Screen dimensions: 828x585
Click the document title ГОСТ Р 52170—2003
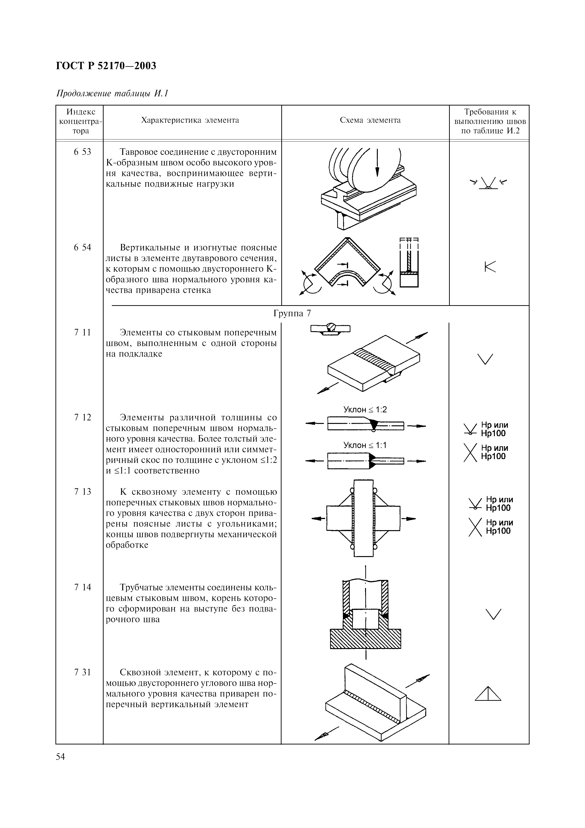pyautogui.click(x=106, y=66)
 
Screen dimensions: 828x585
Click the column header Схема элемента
pyautogui.click(x=370, y=120)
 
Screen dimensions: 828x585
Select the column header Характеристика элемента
pyautogui.click(x=190, y=120)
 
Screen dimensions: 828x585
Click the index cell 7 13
pyautogui.click(x=83, y=492)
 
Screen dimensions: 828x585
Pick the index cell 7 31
pyautogui.click(x=83, y=672)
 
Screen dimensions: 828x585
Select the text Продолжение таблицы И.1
pyautogui.click(x=113, y=93)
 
